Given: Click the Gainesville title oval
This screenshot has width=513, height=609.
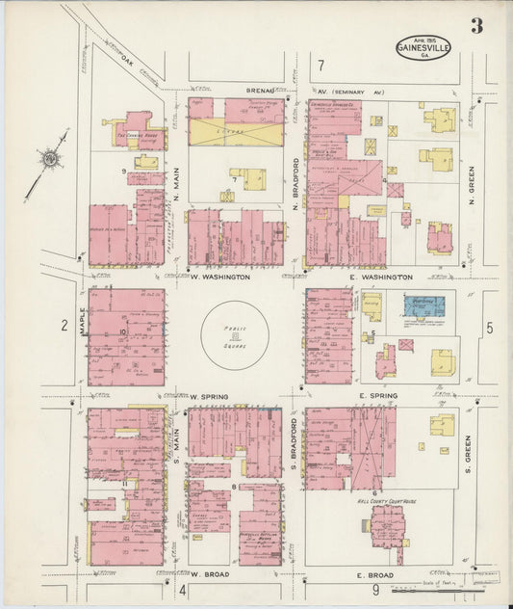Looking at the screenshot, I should pyautogui.click(x=423, y=45).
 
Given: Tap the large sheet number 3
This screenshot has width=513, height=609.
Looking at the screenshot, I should pyautogui.click(x=476, y=26).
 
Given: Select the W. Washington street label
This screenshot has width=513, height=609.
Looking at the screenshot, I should pyautogui.click(x=220, y=277).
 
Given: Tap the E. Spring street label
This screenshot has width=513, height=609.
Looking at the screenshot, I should pyautogui.click(x=377, y=396).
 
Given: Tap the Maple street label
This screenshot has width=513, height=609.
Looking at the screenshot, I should pyautogui.click(x=84, y=322).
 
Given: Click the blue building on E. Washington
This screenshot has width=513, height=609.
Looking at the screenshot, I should pyautogui.click(x=423, y=305).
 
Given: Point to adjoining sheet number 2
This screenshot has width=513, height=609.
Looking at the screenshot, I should pyautogui.click(x=64, y=326).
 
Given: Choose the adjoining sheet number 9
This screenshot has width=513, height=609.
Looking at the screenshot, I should pyautogui.click(x=376, y=590).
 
